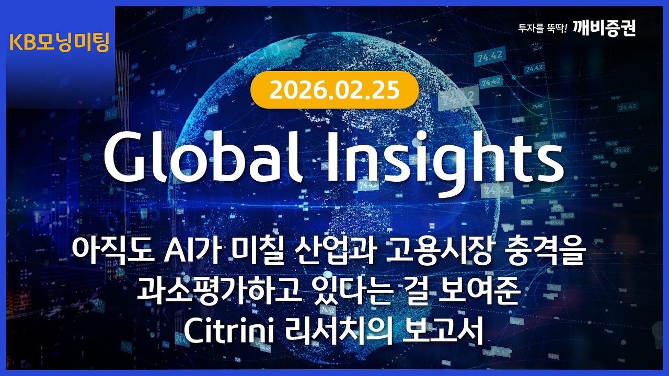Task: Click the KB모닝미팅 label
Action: point(59,42)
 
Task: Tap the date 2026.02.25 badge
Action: point(334,90)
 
